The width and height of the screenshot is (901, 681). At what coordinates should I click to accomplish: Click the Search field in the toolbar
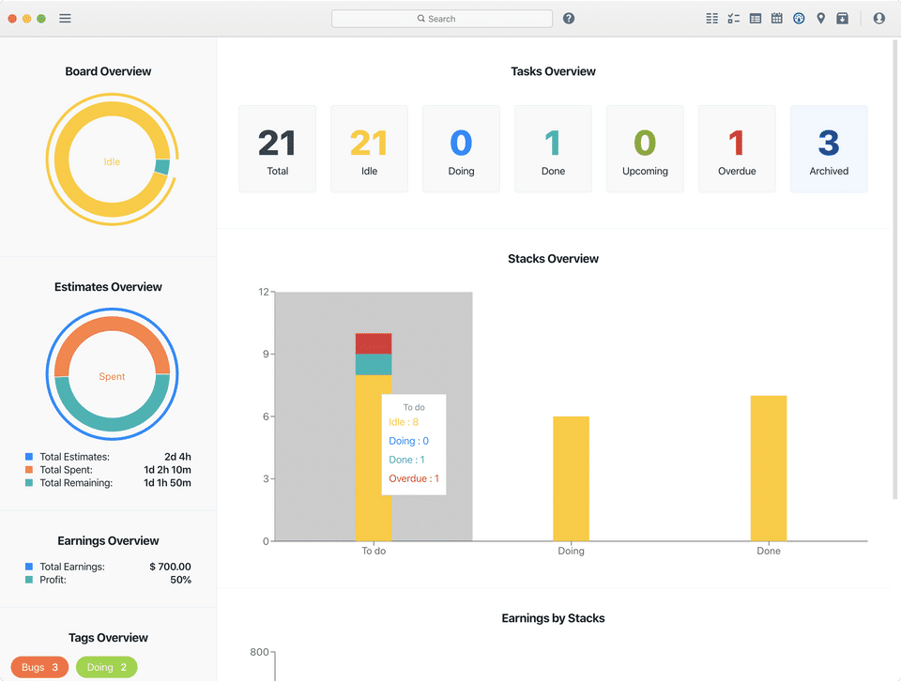[441, 19]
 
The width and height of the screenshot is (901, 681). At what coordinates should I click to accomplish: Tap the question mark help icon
[569, 19]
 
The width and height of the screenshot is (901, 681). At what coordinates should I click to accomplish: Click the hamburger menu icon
[65, 19]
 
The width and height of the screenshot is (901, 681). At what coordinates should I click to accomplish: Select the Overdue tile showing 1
[737, 149]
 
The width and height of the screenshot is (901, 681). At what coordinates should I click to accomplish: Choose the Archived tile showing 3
[829, 149]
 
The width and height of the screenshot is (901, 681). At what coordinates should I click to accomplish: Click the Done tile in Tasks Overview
[553, 149]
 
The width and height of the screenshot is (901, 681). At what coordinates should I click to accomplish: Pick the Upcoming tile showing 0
[645, 149]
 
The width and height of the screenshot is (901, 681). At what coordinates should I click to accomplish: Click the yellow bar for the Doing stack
[571, 478]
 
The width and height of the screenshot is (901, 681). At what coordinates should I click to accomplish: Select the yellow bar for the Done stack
[768, 468]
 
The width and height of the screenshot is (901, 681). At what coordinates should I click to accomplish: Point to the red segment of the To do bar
[374, 343]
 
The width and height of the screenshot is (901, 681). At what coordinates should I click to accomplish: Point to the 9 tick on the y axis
[265, 355]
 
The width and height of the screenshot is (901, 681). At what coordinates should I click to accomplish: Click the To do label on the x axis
[374, 552]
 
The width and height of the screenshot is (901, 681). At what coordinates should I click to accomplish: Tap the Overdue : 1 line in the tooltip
[414, 478]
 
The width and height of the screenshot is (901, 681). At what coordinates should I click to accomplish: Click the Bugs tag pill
[39, 668]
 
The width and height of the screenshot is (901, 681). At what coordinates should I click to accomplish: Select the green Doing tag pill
[106, 668]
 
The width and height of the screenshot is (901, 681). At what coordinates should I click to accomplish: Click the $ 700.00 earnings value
[170, 567]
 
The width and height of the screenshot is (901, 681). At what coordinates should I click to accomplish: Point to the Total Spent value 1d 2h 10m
[167, 470]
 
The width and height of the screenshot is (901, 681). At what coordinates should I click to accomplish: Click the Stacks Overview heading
[553, 259]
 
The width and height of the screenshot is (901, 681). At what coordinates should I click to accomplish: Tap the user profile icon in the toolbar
[878, 19]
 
